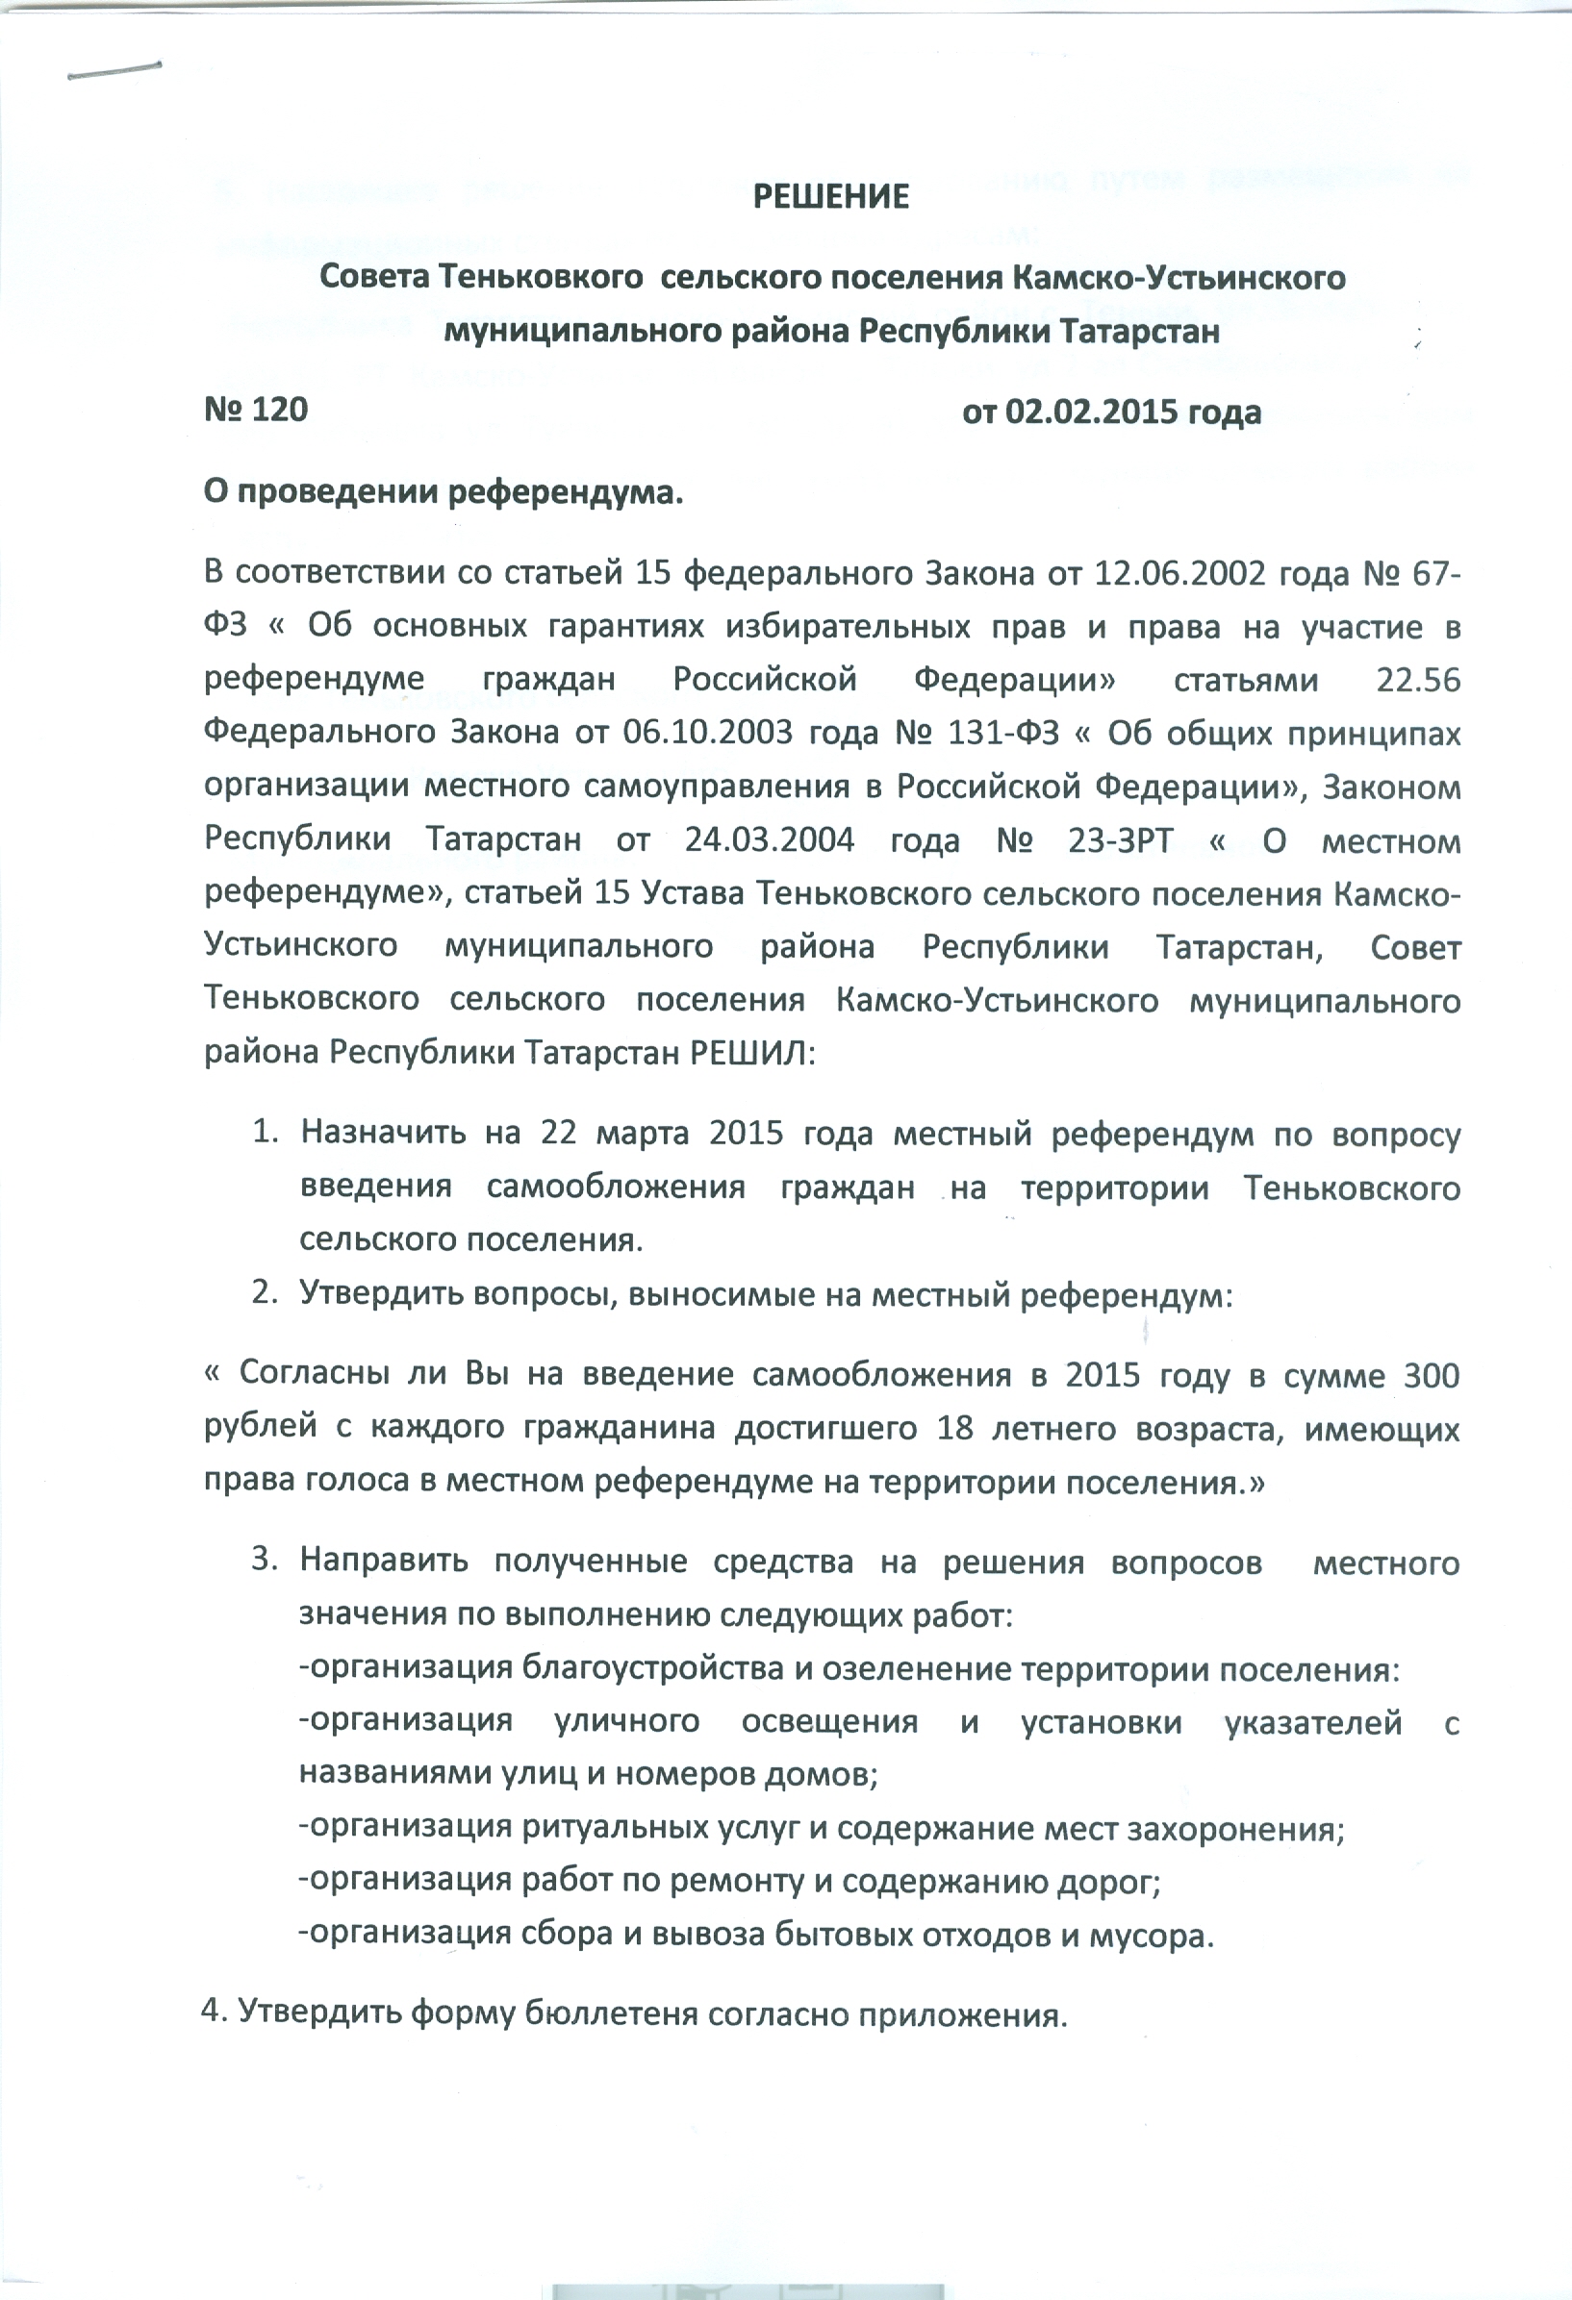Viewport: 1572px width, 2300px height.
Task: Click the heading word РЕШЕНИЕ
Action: [830, 197]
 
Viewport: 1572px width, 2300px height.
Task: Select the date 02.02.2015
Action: [1091, 412]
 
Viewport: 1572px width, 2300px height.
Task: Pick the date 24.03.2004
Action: [770, 840]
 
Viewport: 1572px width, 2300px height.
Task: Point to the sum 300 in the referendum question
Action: [1432, 1376]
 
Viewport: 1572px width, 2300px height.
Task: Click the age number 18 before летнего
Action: [954, 1429]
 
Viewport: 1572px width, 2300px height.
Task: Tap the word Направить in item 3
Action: [384, 1561]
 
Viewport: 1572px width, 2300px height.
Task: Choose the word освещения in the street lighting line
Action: [829, 1722]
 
